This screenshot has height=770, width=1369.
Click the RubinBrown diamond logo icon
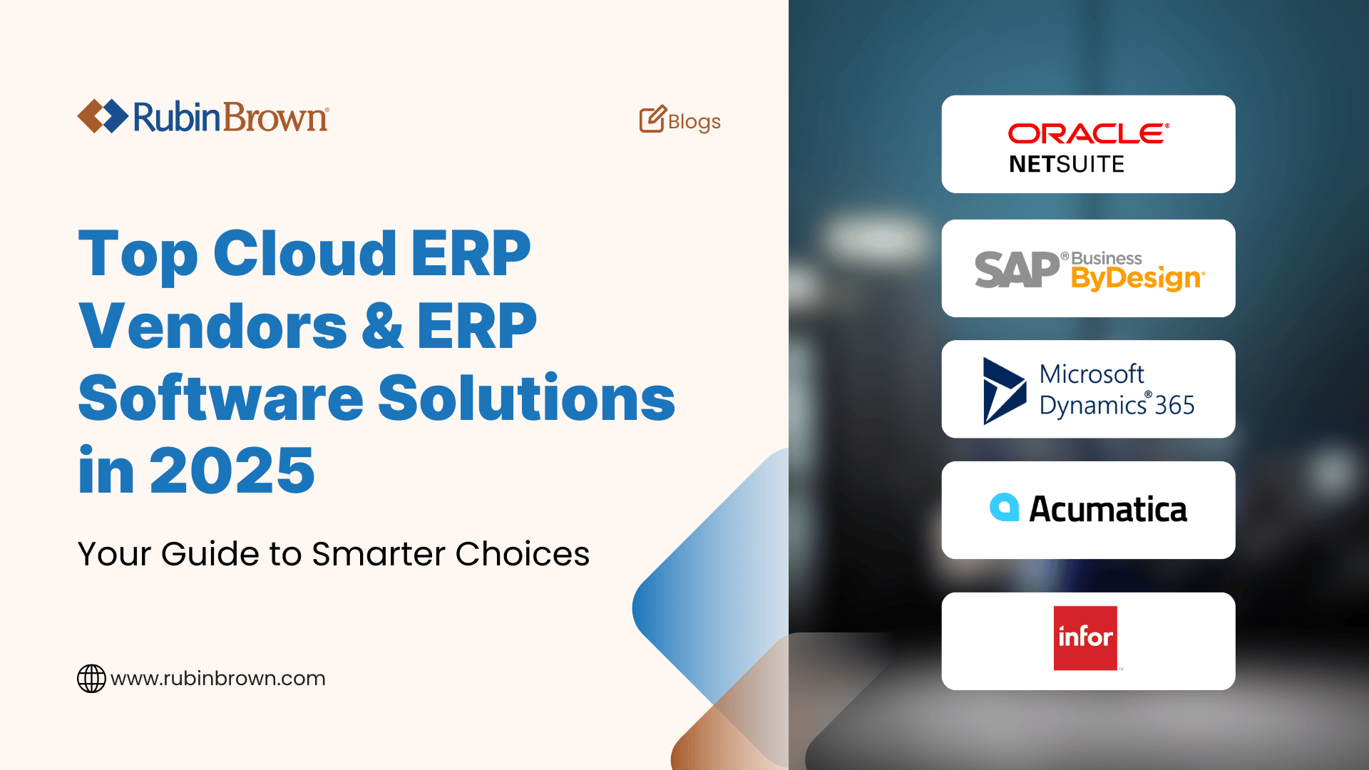103,116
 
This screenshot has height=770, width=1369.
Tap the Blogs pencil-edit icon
652,120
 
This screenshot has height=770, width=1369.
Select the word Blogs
694,122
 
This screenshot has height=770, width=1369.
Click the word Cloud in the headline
304,254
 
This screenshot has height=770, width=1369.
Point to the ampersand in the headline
382,327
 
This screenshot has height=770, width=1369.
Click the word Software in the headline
220,399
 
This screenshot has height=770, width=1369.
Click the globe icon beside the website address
91,678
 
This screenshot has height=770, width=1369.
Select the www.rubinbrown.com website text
217,678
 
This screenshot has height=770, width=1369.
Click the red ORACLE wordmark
1087,133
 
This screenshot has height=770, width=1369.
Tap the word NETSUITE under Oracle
1066,165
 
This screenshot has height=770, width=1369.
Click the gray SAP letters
1017,270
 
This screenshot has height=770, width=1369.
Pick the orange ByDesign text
1137,278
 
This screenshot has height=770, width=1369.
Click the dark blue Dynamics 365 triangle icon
1002,391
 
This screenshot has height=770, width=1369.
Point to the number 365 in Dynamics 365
1174,406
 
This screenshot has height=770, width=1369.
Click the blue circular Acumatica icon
1004,508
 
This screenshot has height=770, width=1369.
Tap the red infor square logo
1085,638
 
